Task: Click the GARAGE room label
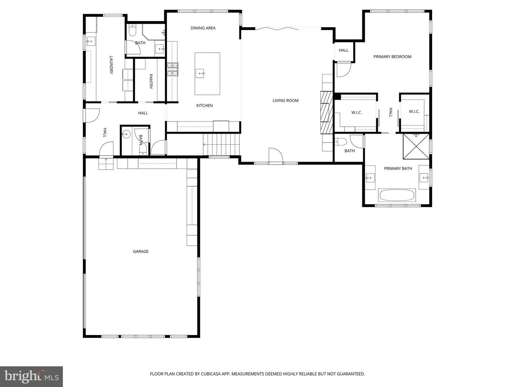141,252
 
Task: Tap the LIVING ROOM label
285,101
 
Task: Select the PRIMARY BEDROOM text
392,57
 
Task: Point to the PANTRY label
151,81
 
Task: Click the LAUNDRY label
111,64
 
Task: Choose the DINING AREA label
203,28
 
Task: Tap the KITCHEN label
205,106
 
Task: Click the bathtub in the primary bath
397,196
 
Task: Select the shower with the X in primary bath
416,147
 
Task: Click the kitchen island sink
200,74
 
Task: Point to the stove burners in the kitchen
172,70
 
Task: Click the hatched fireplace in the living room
326,112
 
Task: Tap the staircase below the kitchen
221,144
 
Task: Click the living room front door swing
276,156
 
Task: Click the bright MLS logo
31,376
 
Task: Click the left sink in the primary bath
370,177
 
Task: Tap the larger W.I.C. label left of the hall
357,113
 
